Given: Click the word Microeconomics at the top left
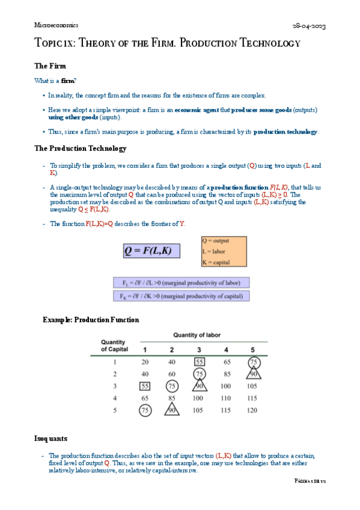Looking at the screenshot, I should tap(56, 25).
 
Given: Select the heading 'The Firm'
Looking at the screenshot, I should tap(50, 66).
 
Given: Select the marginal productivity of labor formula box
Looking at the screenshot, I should tap(182, 283).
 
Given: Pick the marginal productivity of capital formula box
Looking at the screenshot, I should tap(182, 296).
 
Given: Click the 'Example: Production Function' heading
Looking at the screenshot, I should tap(91, 320).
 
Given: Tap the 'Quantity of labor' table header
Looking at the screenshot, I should tap(198, 334).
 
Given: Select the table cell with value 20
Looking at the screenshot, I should tap(145, 362).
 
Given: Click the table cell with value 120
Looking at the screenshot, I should tap(252, 410).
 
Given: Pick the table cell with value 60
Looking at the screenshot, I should tap(172, 374).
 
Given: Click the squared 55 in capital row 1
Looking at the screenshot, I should tap(199, 362).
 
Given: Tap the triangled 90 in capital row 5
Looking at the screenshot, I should tap(172, 410).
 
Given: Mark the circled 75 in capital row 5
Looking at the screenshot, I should tap(145, 410).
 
